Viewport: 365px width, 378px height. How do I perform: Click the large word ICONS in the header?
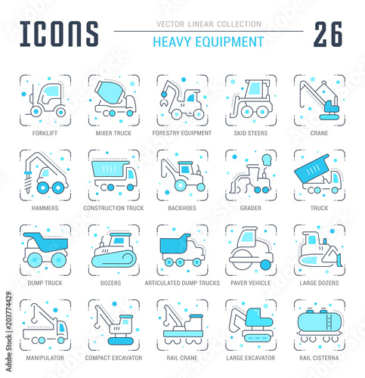pos(59,34)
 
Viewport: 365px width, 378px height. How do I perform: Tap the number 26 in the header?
pos(328,34)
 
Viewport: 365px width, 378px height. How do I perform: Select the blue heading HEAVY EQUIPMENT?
pos(209,42)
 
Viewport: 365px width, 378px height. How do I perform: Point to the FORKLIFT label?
pos(45,133)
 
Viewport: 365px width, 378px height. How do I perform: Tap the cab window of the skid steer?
pos(255,88)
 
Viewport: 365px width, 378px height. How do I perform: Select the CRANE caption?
pos(319,133)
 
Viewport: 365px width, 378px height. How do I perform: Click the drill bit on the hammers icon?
pos(27,184)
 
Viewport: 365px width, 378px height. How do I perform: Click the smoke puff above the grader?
pos(266,160)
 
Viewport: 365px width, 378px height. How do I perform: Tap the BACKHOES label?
pos(182,208)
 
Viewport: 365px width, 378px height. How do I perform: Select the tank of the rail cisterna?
pos(320,321)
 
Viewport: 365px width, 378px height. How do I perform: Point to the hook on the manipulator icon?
pos(34,318)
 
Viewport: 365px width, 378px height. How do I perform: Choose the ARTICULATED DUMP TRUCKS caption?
pos(182,283)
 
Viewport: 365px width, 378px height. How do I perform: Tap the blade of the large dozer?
pos(339,260)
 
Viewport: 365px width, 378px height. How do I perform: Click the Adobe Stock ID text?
pos(9,332)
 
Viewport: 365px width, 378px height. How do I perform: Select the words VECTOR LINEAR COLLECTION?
pos(209,24)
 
